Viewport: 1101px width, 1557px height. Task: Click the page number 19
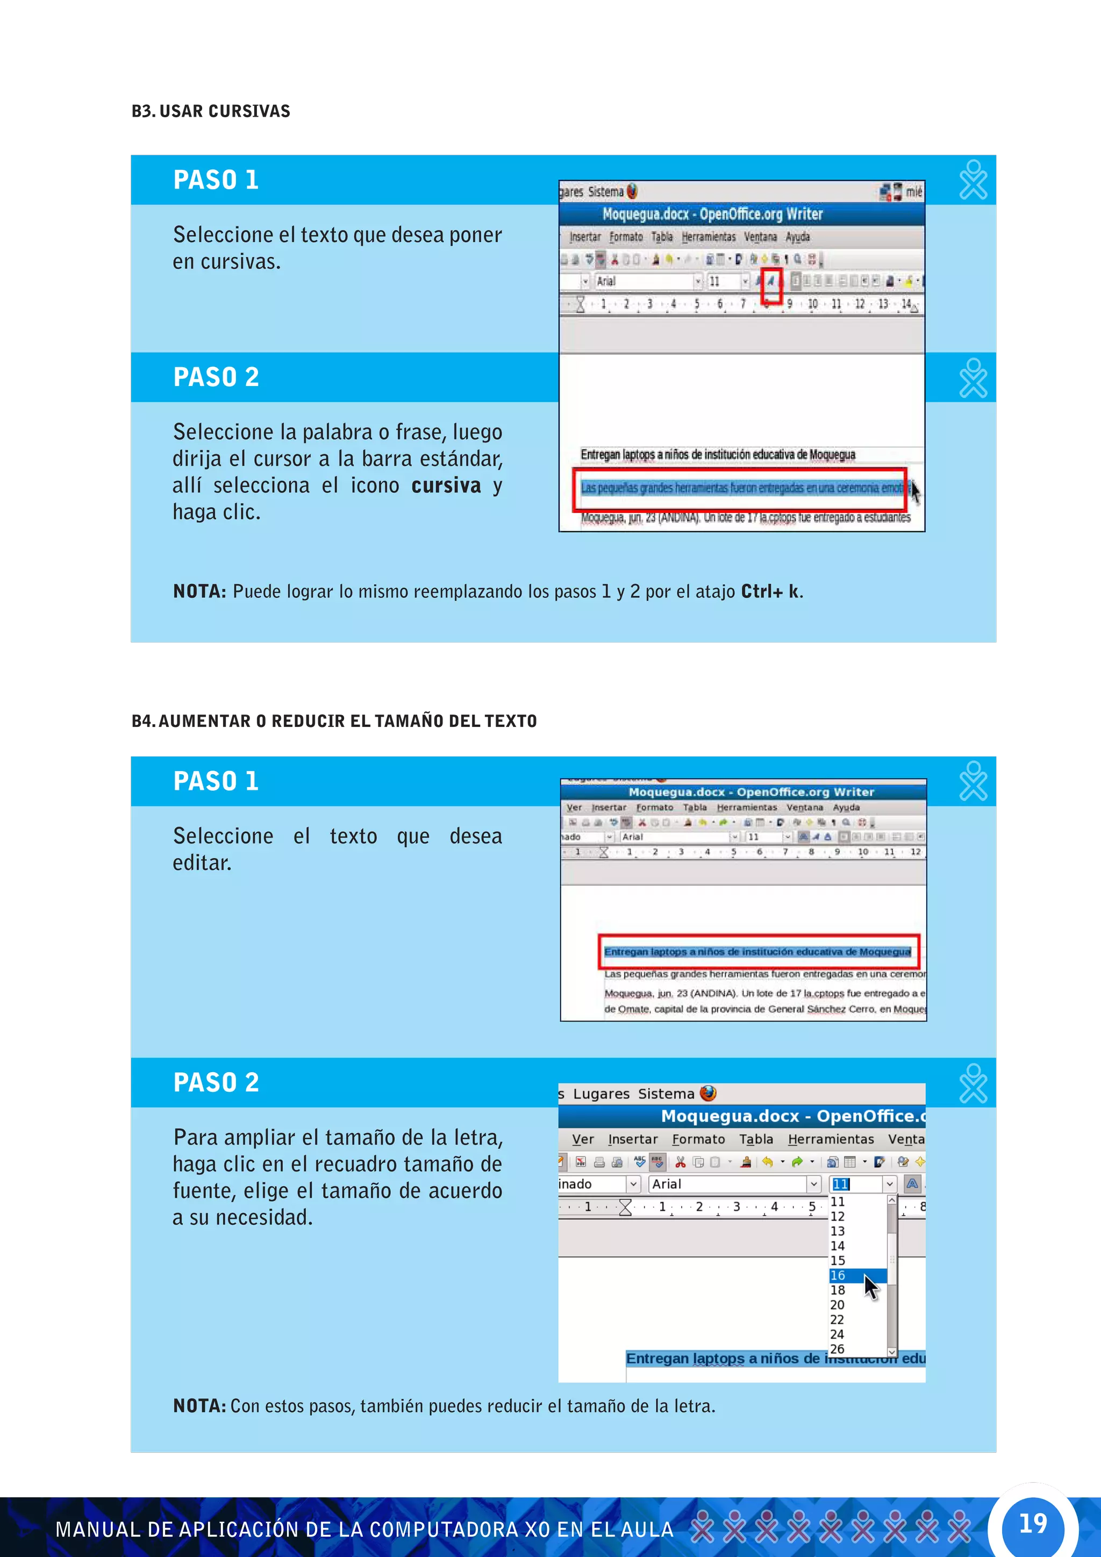1033,1523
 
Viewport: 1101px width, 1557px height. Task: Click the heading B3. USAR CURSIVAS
211,111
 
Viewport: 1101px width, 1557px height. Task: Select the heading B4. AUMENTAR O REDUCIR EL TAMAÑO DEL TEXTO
334,720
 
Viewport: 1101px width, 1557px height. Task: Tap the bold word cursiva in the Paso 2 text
446,485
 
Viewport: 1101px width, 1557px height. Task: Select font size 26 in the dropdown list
838,1349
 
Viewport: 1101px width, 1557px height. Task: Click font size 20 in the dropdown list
838,1305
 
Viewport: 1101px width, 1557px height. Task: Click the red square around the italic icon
771,286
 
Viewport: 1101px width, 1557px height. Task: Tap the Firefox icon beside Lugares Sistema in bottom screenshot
708,1093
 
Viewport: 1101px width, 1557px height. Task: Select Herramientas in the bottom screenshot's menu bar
831,1139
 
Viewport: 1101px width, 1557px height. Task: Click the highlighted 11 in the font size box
841,1184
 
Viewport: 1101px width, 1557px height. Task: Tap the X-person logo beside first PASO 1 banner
974,180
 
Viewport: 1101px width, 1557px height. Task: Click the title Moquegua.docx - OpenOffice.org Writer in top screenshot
712,215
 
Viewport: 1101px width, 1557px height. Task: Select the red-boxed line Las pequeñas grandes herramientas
740,488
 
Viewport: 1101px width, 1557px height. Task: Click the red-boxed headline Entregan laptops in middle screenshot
757,952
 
